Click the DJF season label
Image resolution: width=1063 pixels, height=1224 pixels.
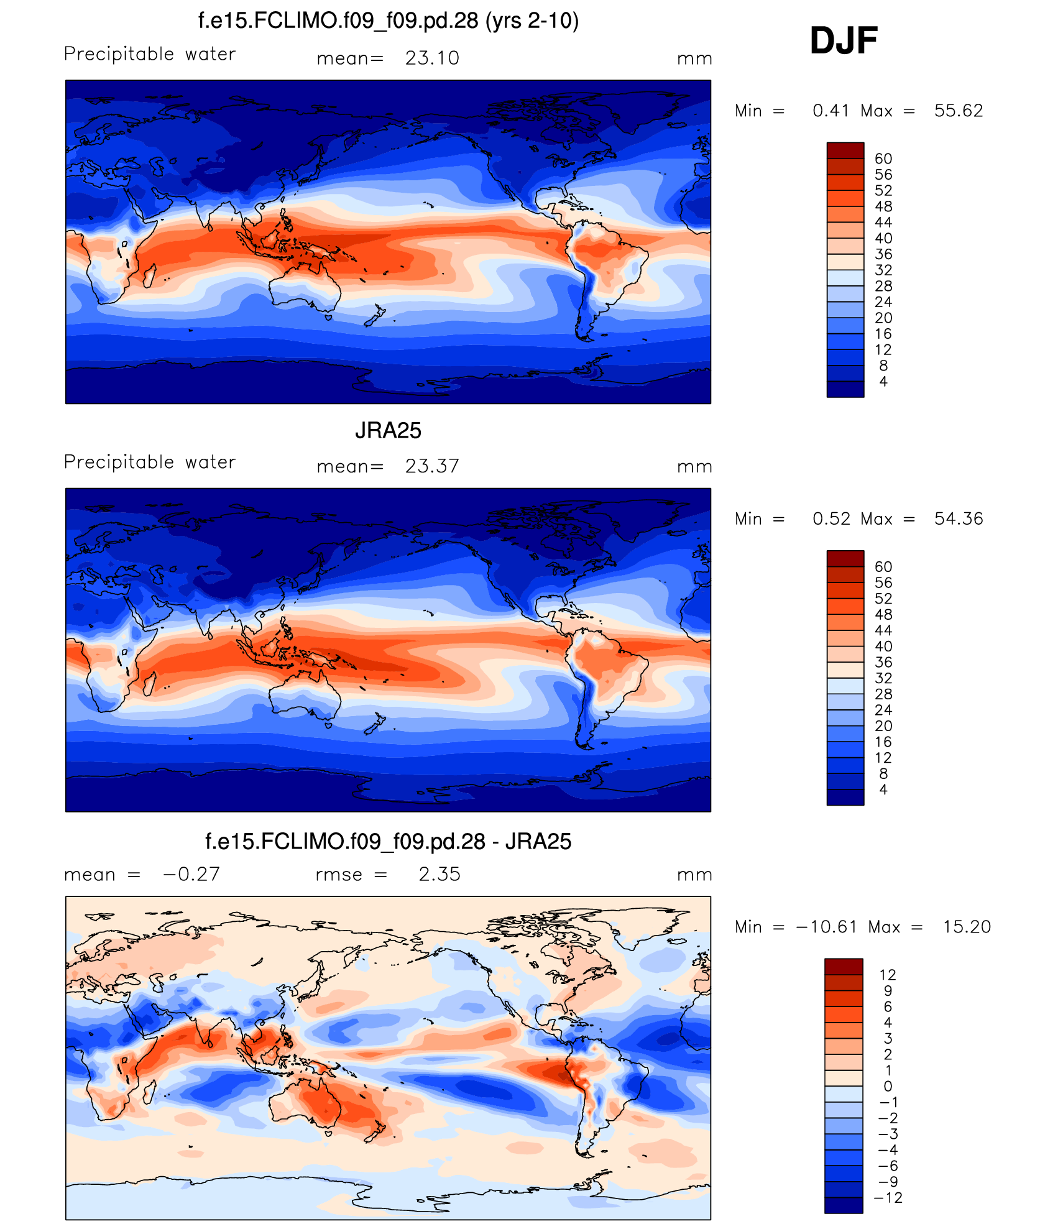click(843, 41)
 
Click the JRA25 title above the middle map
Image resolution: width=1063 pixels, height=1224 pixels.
click(388, 430)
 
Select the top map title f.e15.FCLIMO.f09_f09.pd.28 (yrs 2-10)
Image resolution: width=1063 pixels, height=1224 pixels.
click(388, 21)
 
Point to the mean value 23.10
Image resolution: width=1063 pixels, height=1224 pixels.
click(432, 58)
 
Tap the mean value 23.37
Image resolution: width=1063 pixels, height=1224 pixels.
click(432, 466)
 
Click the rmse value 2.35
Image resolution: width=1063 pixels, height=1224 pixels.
click(439, 874)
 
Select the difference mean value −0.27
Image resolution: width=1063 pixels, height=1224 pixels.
click(191, 874)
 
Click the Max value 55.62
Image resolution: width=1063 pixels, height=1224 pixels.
click(958, 111)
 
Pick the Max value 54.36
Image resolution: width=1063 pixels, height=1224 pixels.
click(958, 518)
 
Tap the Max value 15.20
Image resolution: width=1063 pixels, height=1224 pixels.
click(967, 927)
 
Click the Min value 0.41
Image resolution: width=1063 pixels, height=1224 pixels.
click(831, 111)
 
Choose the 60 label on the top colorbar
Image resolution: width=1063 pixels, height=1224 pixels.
click(883, 159)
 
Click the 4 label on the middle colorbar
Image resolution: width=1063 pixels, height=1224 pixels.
click(883, 789)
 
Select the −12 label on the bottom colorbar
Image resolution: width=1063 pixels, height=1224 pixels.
click(888, 1198)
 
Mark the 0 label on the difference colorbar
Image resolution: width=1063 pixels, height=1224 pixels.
click(888, 1086)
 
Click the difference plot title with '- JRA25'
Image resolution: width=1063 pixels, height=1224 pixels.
click(388, 841)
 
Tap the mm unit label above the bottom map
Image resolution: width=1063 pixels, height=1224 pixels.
click(694, 875)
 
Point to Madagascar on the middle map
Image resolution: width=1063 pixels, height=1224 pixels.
click(149, 683)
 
